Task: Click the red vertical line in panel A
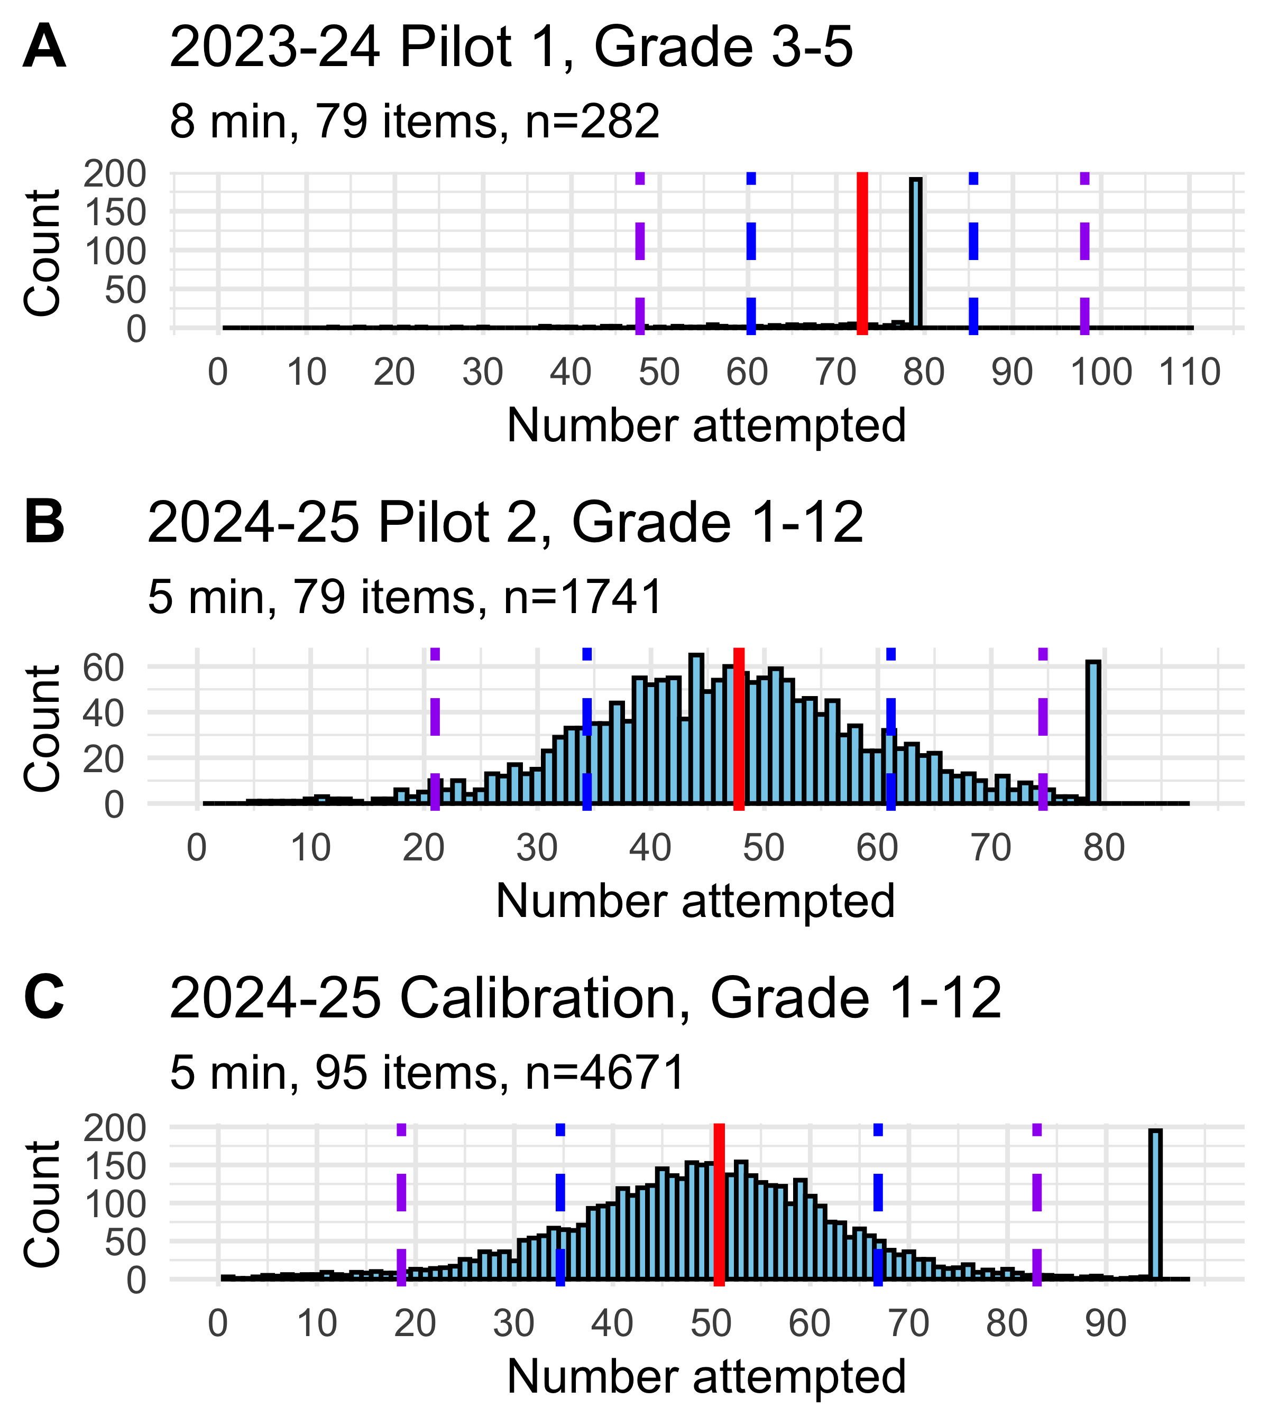[862, 252]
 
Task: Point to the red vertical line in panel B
[739, 729]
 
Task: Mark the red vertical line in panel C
[719, 1204]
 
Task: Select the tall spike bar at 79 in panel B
[1093, 733]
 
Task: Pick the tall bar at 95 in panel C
[1156, 1204]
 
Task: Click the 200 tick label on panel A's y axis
[115, 174]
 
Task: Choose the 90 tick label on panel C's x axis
[1106, 1324]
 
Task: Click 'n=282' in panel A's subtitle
[592, 121]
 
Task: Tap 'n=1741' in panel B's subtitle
[583, 597]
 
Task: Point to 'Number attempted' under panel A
[706, 425]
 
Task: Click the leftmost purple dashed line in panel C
[401, 1204]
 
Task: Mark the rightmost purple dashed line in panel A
[1084, 252]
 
